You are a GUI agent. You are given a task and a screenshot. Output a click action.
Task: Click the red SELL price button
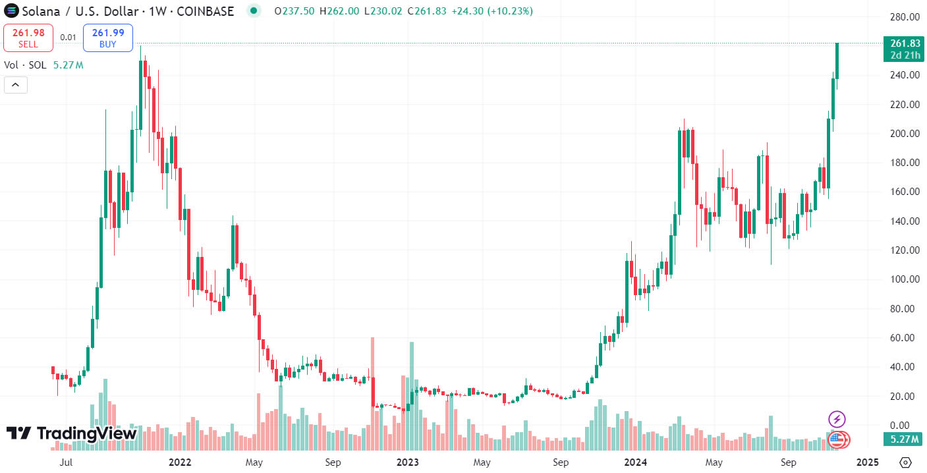click(28, 38)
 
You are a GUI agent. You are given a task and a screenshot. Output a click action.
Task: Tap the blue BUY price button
click(108, 38)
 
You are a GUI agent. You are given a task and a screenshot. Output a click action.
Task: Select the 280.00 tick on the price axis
click(905, 16)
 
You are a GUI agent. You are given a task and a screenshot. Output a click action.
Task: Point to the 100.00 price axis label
click(905, 279)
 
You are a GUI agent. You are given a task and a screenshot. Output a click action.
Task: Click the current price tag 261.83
click(905, 43)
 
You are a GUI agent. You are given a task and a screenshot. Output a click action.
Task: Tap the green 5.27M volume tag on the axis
click(905, 439)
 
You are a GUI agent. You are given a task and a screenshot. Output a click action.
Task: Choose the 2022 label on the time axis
click(180, 462)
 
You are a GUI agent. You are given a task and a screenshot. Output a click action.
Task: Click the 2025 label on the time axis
click(867, 462)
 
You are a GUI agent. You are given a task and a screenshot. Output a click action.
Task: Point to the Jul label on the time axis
click(66, 462)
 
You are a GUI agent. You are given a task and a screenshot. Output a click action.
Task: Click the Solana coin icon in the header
click(12, 11)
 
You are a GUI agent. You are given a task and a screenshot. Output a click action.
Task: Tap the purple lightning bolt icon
click(837, 419)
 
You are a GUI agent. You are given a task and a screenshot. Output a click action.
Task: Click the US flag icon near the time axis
click(837, 439)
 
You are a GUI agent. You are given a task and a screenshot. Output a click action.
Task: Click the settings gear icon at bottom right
click(905, 462)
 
